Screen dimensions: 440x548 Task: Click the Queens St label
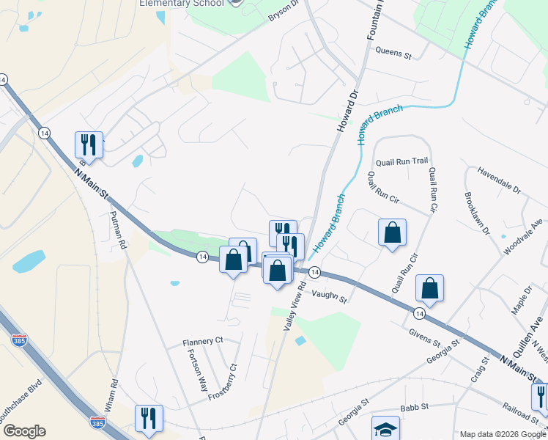coord(394,53)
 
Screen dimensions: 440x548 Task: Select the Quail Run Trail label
coord(401,161)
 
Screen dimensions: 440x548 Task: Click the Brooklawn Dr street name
coord(475,213)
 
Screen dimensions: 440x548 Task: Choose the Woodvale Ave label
coord(525,235)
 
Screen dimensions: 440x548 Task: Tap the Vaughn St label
coord(328,294)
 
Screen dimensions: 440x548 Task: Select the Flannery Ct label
coord(203,341)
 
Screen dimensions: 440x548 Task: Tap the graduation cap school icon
coord(385,428)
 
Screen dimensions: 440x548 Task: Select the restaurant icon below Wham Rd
coord(149,418)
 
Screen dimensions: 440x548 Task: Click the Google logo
coord(23,430)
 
